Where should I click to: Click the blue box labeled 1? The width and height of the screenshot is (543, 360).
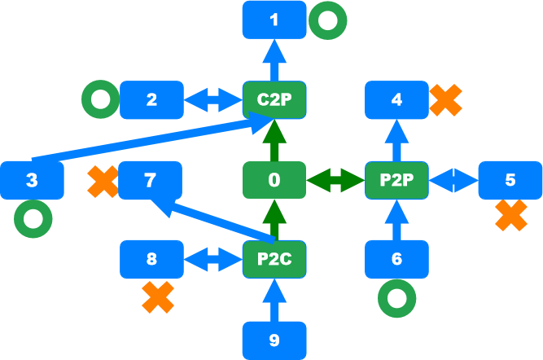pyautogui.click(x=274, y=19)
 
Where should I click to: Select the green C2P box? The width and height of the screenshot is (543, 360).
pyautogui.click(x=274, y=100)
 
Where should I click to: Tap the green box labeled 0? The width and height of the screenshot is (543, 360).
pyautogui.click(x=274, y=180)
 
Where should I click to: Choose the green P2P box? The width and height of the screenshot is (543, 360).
pyautogui.click(x=396, y=180)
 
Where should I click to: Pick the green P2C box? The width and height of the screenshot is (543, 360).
pyautogui.click(x=274, y=260)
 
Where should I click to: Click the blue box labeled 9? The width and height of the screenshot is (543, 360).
pyautogui.click(x=274, y=340)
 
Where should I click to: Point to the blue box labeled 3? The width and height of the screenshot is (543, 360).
pyautogui.click(x=32, y=180)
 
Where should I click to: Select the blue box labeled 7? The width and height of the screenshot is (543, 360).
pyautogui.click(x=151, y=180)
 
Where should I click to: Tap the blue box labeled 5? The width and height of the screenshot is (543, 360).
pyautogui.click(x=510, y=180)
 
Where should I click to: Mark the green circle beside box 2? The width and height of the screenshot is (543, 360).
pyautogui.click(x=100, y=100)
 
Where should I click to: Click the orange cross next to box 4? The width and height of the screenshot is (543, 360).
pyautogui.click(x=445, y=99)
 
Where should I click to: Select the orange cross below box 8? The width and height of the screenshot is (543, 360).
pyautogui.click(x=158, y=297)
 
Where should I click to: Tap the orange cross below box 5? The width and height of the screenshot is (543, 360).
pyautogui.click(x=510, y=216)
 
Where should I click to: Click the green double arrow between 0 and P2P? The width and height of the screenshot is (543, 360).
pyautogui.click(x=335, y=180)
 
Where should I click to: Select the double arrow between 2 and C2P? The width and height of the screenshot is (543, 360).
pyautogui.click(x=212, y=100)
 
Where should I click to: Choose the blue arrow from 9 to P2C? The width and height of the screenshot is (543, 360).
pyautogui.click(x=274, y=301)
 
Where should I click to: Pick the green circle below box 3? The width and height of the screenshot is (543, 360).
pyautogui.click(x=32, y=219)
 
